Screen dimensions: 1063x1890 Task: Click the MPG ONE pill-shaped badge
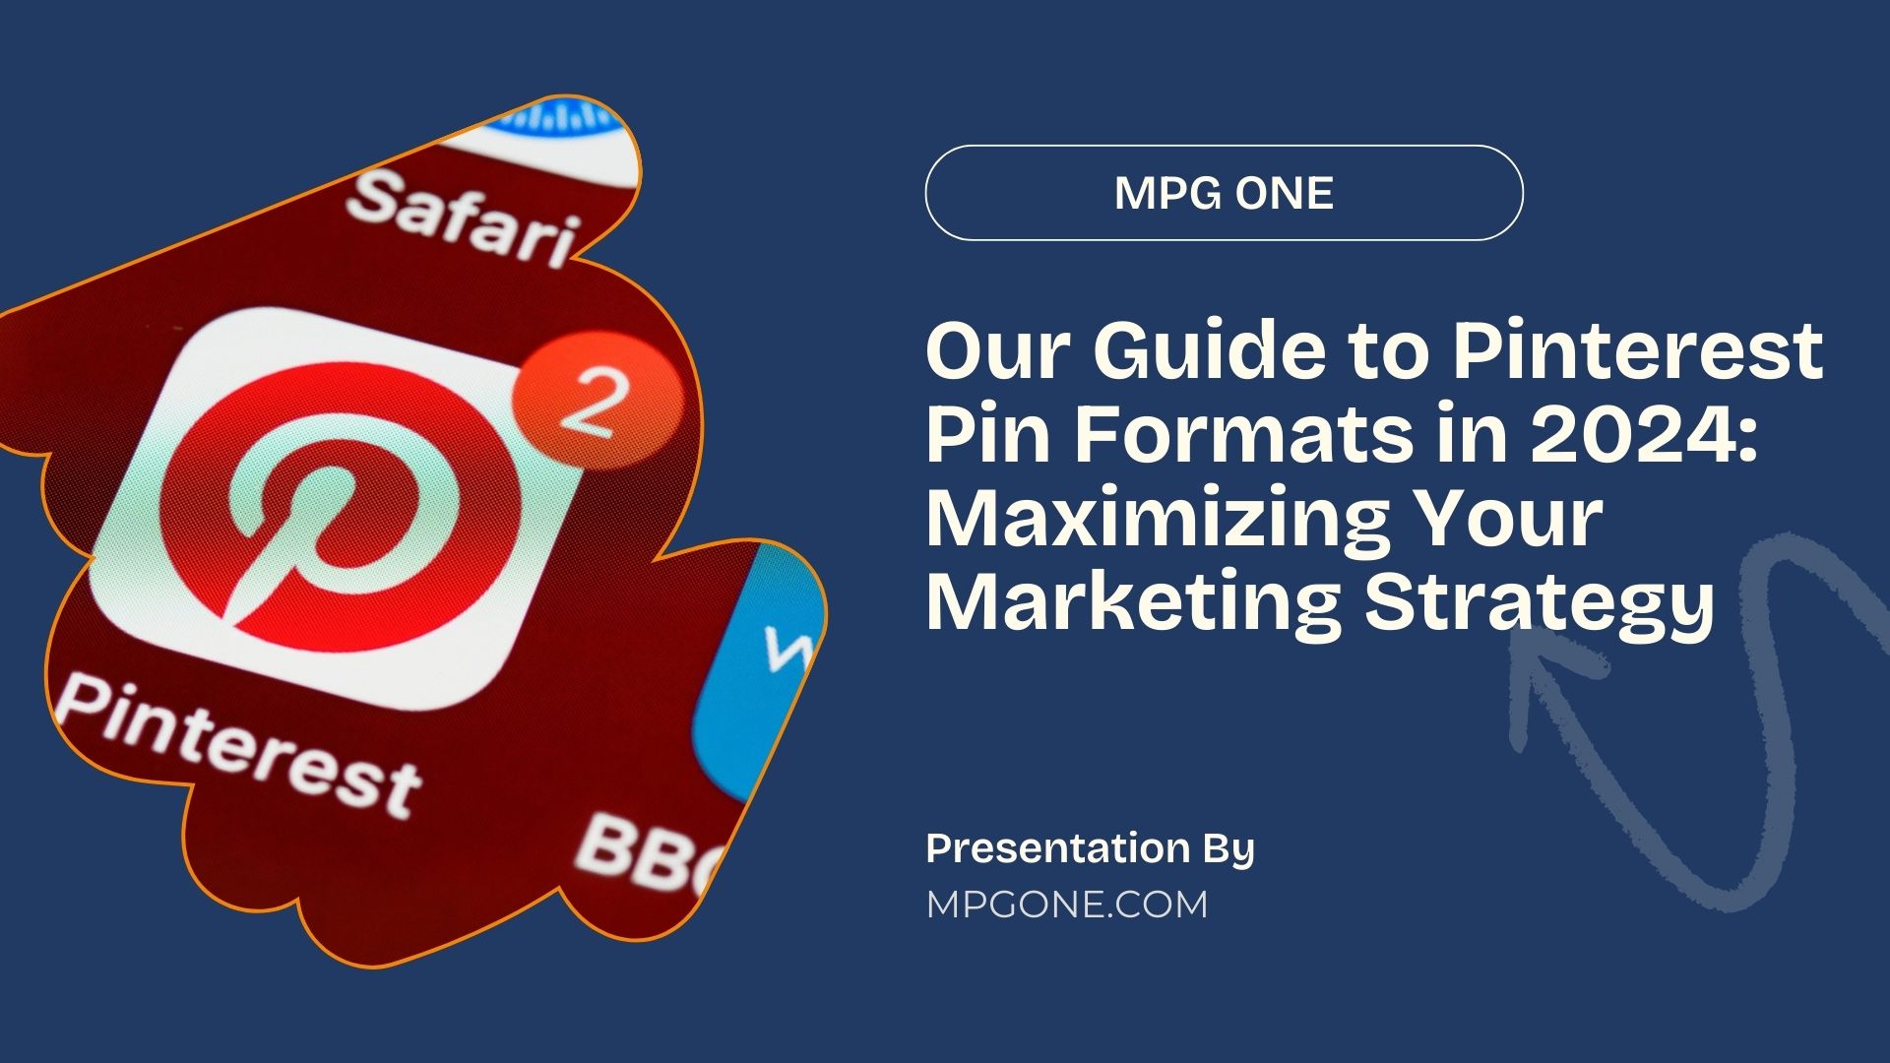(x=1224, y=193)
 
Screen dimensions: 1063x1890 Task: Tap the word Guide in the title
(x=1211, y=351)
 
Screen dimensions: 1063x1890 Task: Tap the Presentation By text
(x=1090, y=848)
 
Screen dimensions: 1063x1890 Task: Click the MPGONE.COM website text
(x=1067, y=905)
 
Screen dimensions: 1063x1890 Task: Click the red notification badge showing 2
(x=598, y=399)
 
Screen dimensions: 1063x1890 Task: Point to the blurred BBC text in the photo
(x=645, y=851)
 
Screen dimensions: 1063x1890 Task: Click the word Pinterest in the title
(x=1638, y=351)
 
